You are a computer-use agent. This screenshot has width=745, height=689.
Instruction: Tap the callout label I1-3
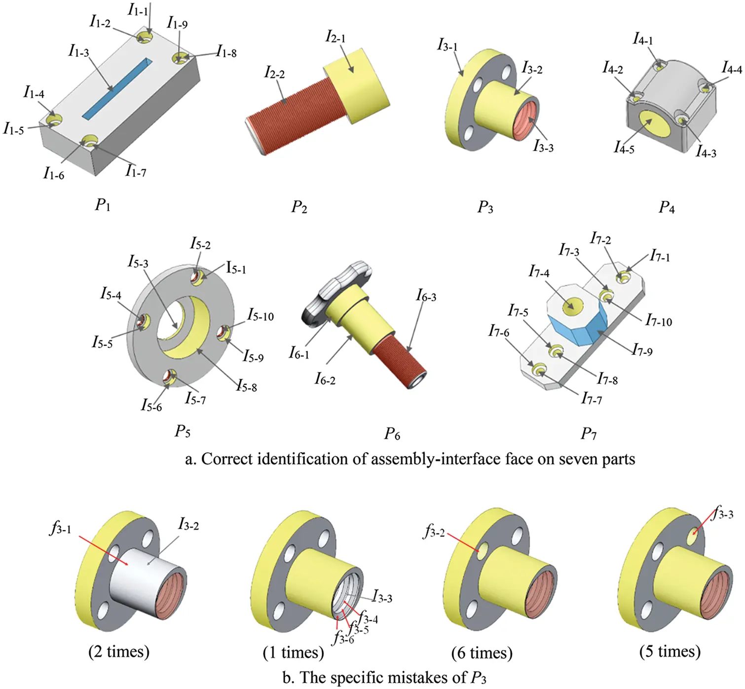pyautogui.click(x=79, y=51)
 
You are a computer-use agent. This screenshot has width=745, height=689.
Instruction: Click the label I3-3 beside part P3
pyautogui.click(x=543, y=146)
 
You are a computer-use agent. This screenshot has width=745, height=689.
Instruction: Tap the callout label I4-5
pyautogui.click(x=624, y=148)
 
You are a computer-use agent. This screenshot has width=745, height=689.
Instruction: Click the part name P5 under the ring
pyautogui.click(x=183, y=431)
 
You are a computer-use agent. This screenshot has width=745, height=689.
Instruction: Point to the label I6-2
pyautogui.click(x=325, y=379)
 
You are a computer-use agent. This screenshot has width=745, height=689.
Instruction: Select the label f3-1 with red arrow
pyautogui.click(x=61, y=529)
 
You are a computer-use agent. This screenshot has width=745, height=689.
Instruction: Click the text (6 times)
pyautogui.click(x=482, y=653)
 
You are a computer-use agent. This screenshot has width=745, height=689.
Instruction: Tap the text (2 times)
pyautogui.click(x=119, y=652)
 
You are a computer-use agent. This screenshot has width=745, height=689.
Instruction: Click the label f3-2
pyautogui.click(x=434, y=532)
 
